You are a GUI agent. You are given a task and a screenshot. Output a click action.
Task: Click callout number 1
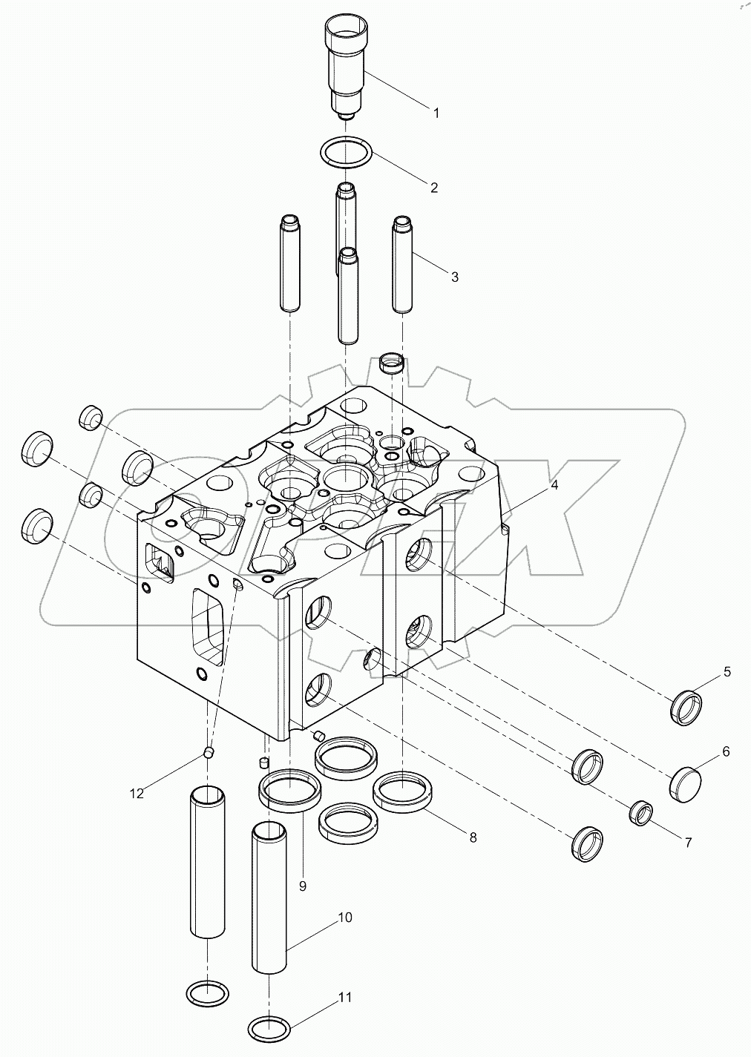(436, 113)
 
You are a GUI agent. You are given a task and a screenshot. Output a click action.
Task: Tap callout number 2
(433, 188)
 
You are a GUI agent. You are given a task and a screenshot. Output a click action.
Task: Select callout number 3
(454, 277)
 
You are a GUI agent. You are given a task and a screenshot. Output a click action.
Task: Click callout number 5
(727, 672)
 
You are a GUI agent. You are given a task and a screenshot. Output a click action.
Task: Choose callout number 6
(725, 752)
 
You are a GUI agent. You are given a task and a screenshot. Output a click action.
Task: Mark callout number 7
(687, 843)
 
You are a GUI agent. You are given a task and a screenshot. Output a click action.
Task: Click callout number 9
(303, 885)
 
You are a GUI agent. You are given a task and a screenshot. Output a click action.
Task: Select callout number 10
(344, 918)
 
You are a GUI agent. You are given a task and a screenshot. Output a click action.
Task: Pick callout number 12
(136, 794)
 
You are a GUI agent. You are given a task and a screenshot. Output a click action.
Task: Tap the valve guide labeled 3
(402, 264)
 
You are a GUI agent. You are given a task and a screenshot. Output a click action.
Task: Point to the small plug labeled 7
(640, 813)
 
